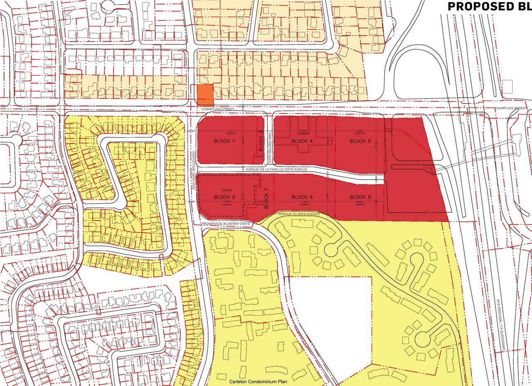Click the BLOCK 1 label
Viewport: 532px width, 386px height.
(x=224, y=141)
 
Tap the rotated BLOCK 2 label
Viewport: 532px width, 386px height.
(x=261, y=141)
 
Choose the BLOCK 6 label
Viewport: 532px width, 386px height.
(x=224, y=197)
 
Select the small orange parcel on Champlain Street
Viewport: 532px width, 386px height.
(x=204, y=95)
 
